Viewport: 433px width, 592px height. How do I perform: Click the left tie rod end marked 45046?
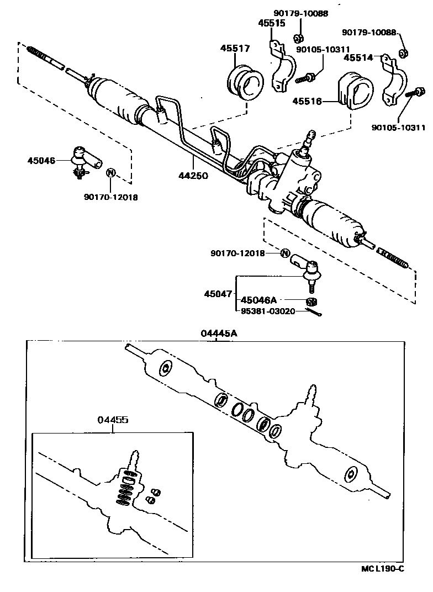point(84,160)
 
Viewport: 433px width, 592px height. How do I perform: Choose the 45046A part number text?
point(258,300)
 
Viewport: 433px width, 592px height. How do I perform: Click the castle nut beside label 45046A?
point(312,301)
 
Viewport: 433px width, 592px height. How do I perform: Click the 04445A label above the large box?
point(219,334)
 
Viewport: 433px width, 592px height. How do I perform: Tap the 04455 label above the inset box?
point(113,420)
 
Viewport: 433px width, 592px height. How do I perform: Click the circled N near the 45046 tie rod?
point(110,172)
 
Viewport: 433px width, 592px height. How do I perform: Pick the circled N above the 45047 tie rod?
point(285,253)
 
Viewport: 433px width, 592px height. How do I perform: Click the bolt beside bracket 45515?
point(305,78)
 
